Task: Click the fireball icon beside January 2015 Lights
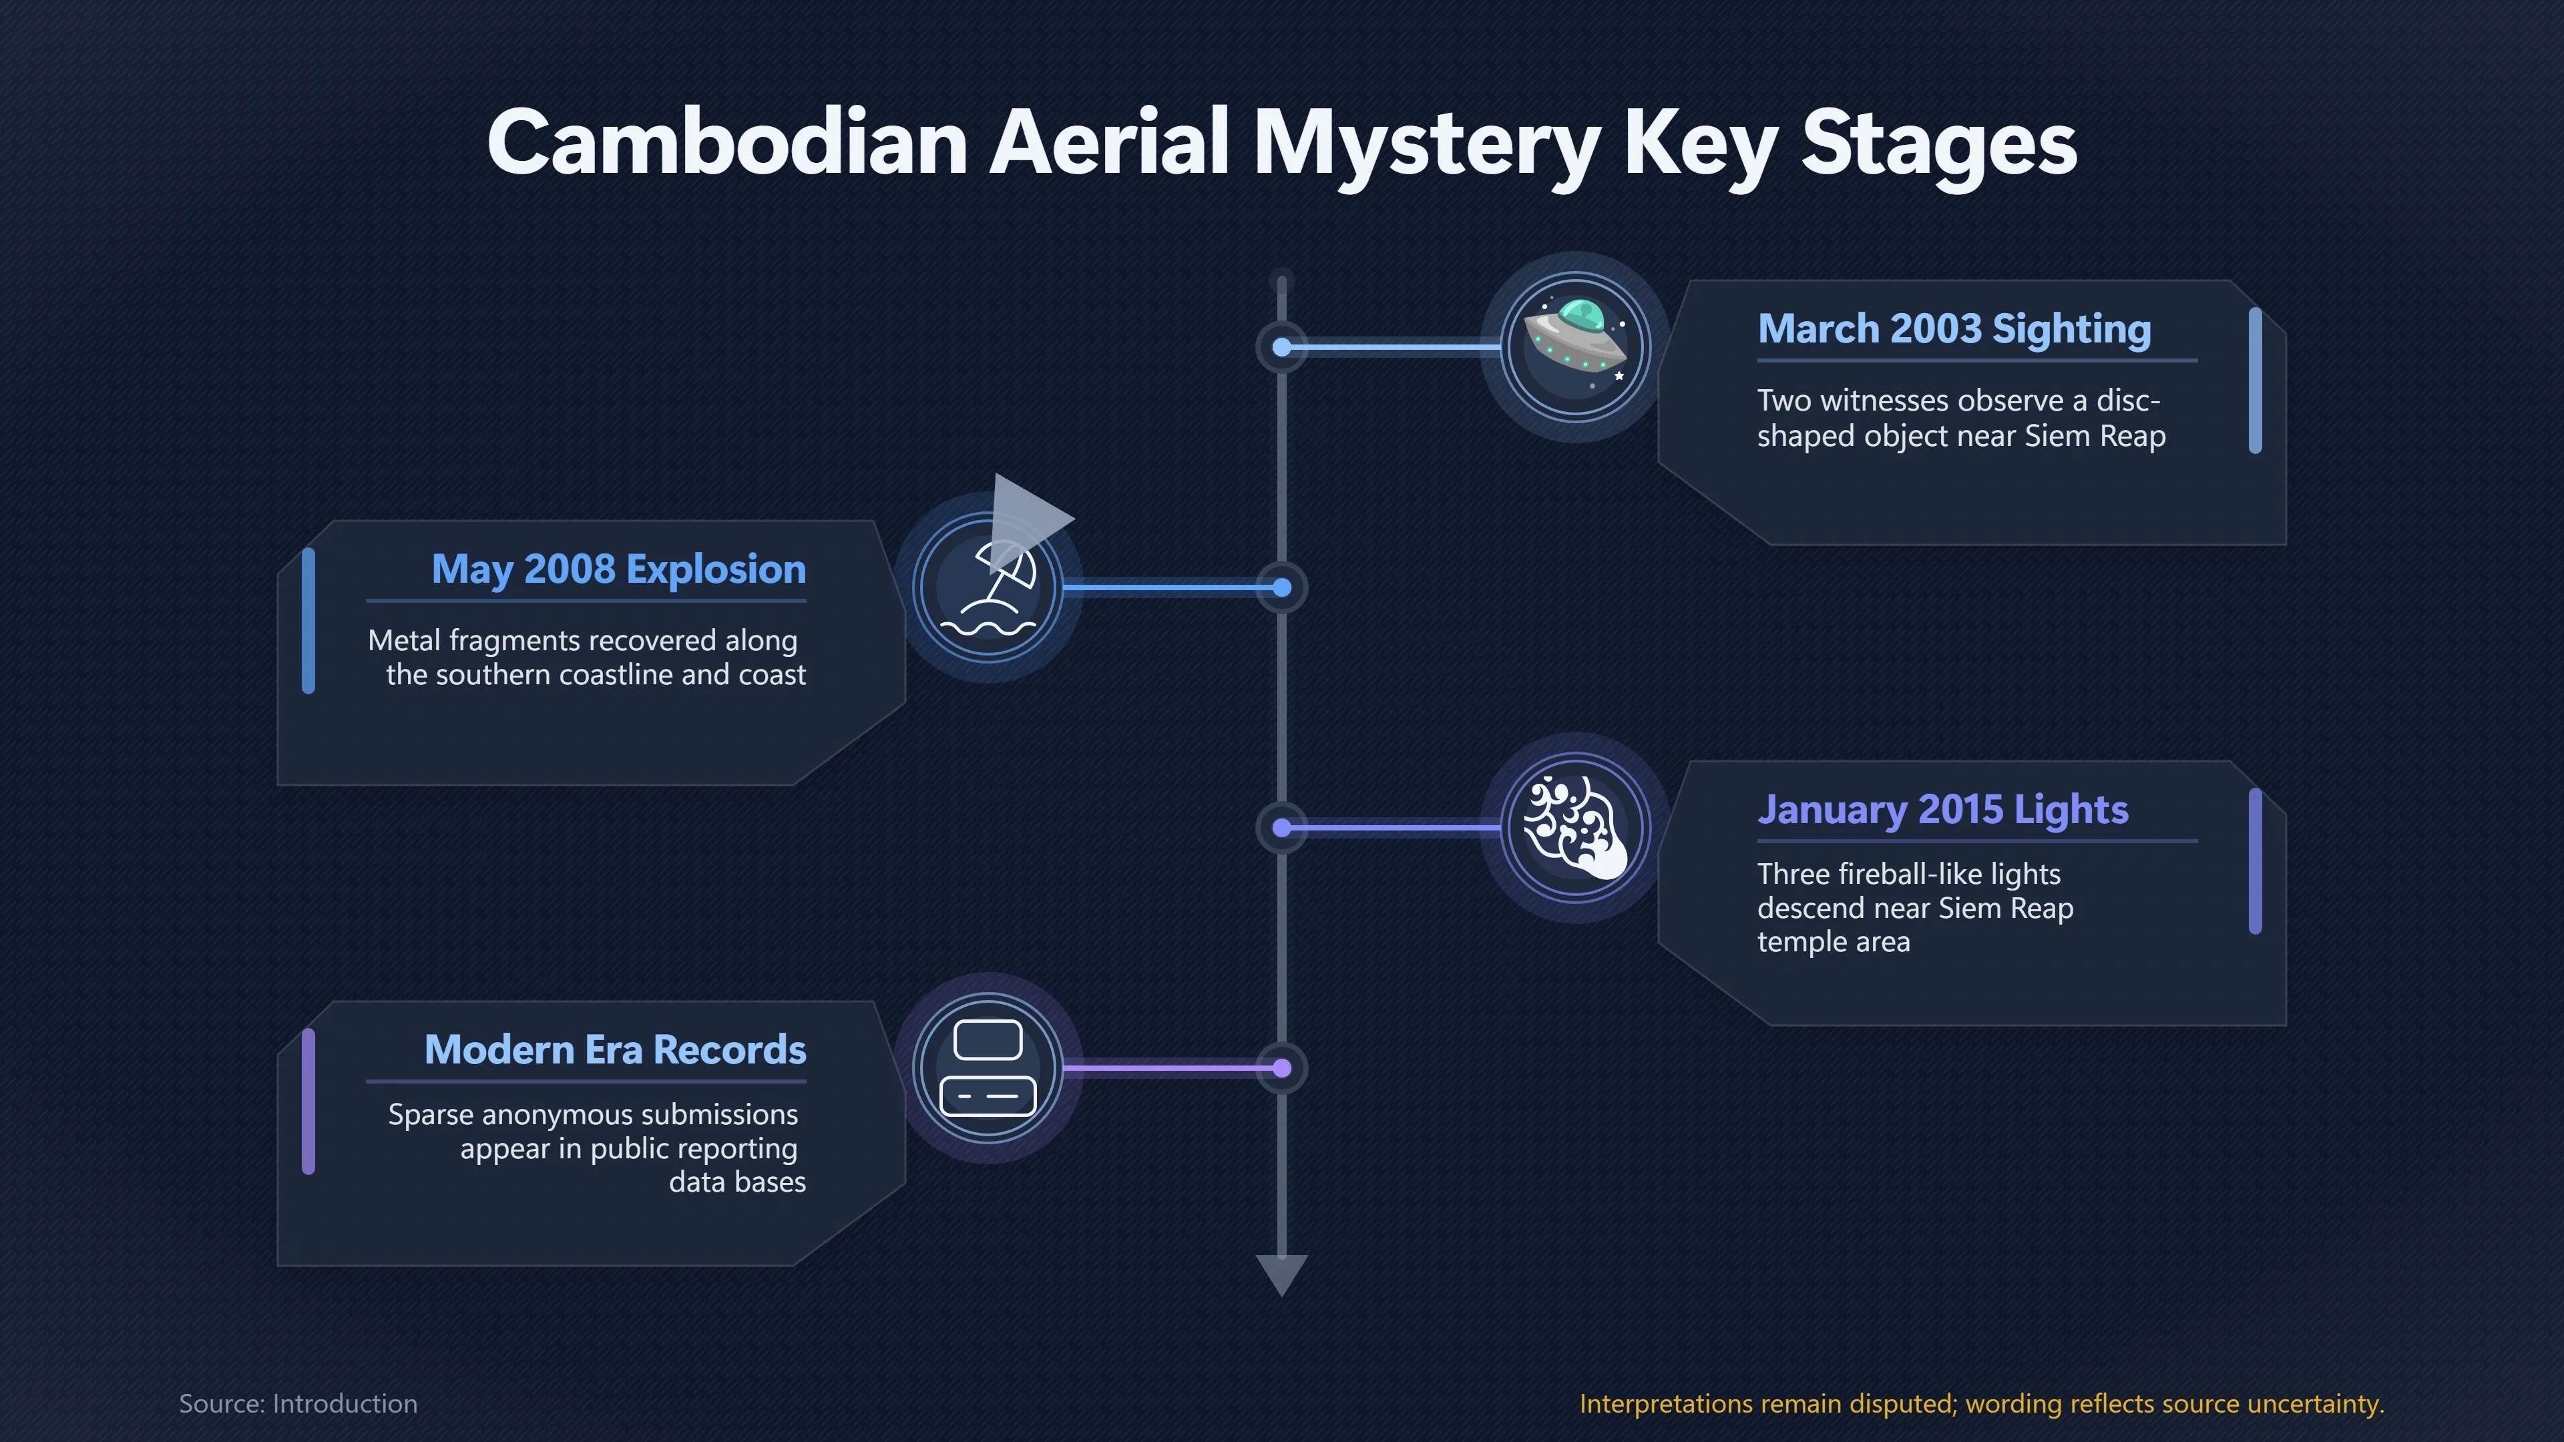click(1576, 828)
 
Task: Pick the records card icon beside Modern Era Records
click(988, 1068)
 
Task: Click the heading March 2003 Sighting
click(1954, 329)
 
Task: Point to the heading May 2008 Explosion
click(619, 570)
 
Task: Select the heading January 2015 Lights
click(1943, 810)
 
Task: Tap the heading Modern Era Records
click(615, 1050)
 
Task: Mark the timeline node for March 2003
click(1282, 347)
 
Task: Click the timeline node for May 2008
click(1282, 588)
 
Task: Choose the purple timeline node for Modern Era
click(1282, 1068)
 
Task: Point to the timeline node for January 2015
click(1282, 828)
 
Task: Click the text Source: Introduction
click(298, 1404)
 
